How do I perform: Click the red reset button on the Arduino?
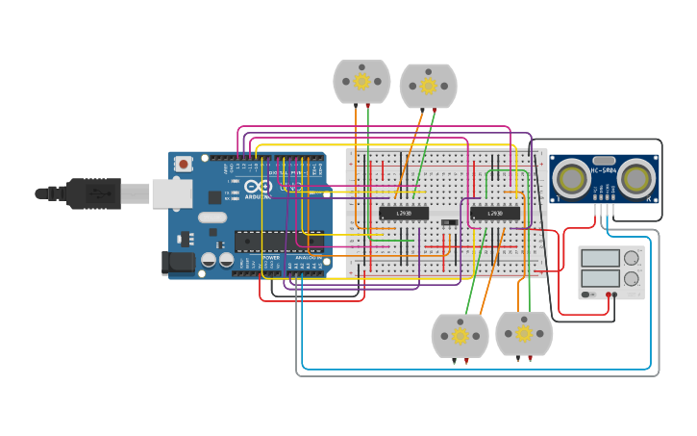pos(182,165)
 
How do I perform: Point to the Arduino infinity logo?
pos(252,186)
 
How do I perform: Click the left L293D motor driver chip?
pos(404,213)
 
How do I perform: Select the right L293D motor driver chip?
pos(495,213)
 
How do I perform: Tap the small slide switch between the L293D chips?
pos(449,223)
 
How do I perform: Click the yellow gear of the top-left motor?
pos(361,82)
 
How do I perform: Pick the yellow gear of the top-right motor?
pos(429,86)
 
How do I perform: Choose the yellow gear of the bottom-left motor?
pos(460,336)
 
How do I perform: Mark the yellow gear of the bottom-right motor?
pos(524,334)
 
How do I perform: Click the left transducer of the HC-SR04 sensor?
pos(572,178)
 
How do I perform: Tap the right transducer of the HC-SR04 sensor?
pos(636,178)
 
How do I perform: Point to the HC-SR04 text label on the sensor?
pos(604,171)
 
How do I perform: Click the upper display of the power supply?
pos(600,258)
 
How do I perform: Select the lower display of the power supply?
pos(600,278)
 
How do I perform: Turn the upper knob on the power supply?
pos(632,258)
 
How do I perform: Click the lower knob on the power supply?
pos(632,278)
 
